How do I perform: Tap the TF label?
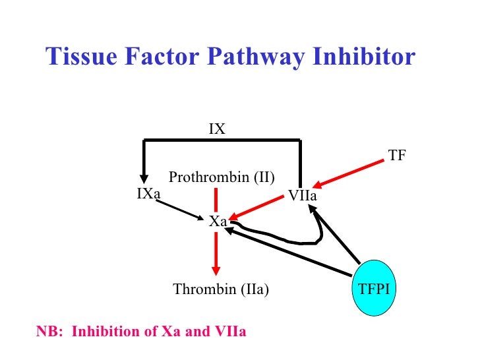397,156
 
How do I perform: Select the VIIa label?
303,195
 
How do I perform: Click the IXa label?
149,193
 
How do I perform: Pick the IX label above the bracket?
218,129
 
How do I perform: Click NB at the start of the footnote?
47,331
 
